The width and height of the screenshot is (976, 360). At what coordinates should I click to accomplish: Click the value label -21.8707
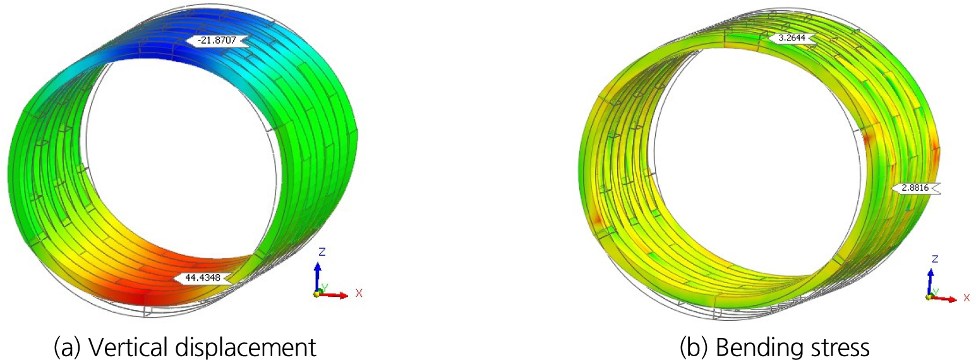pyautogui.click(x=217, y=40)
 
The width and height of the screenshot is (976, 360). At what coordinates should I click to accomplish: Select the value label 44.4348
pyautogui.click(x=203, y=278)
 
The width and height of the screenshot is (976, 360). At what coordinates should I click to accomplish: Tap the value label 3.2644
pyautogui.click(x=792, y=38)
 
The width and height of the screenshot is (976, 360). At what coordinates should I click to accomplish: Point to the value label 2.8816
pyautogui.click(x=915, y=188)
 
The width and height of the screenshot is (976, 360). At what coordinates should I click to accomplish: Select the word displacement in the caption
pyautogui.click(x=245, y=348)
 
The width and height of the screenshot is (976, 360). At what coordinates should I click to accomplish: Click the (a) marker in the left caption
pyautogui.click(x=68, y=348)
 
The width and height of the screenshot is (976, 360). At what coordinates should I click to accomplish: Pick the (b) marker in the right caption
pyautogui.click(x=694, y=348)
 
